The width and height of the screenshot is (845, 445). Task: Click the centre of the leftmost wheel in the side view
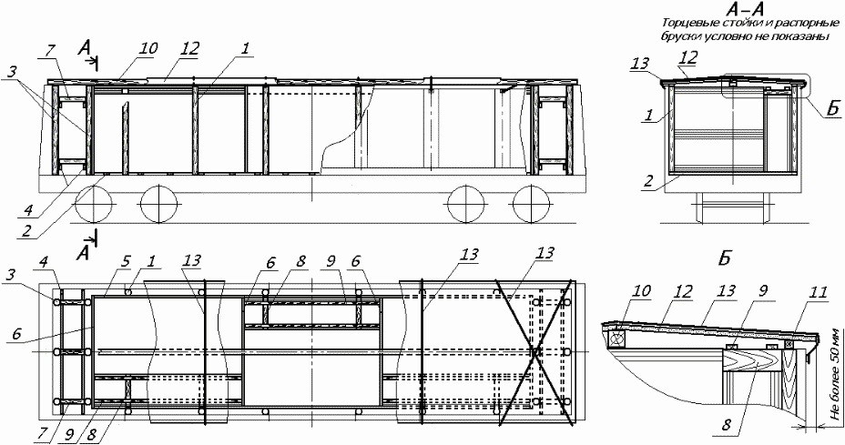pyautogui.click(x=95, y=204)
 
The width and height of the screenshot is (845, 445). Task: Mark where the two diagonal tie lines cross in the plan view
pyautogui.click(x=534, y=352)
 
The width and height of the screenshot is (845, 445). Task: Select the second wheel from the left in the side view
pyautogui.click(x=159, y=204)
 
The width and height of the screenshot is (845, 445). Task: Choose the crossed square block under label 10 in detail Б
pyautogui.click(x=616, y=339)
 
